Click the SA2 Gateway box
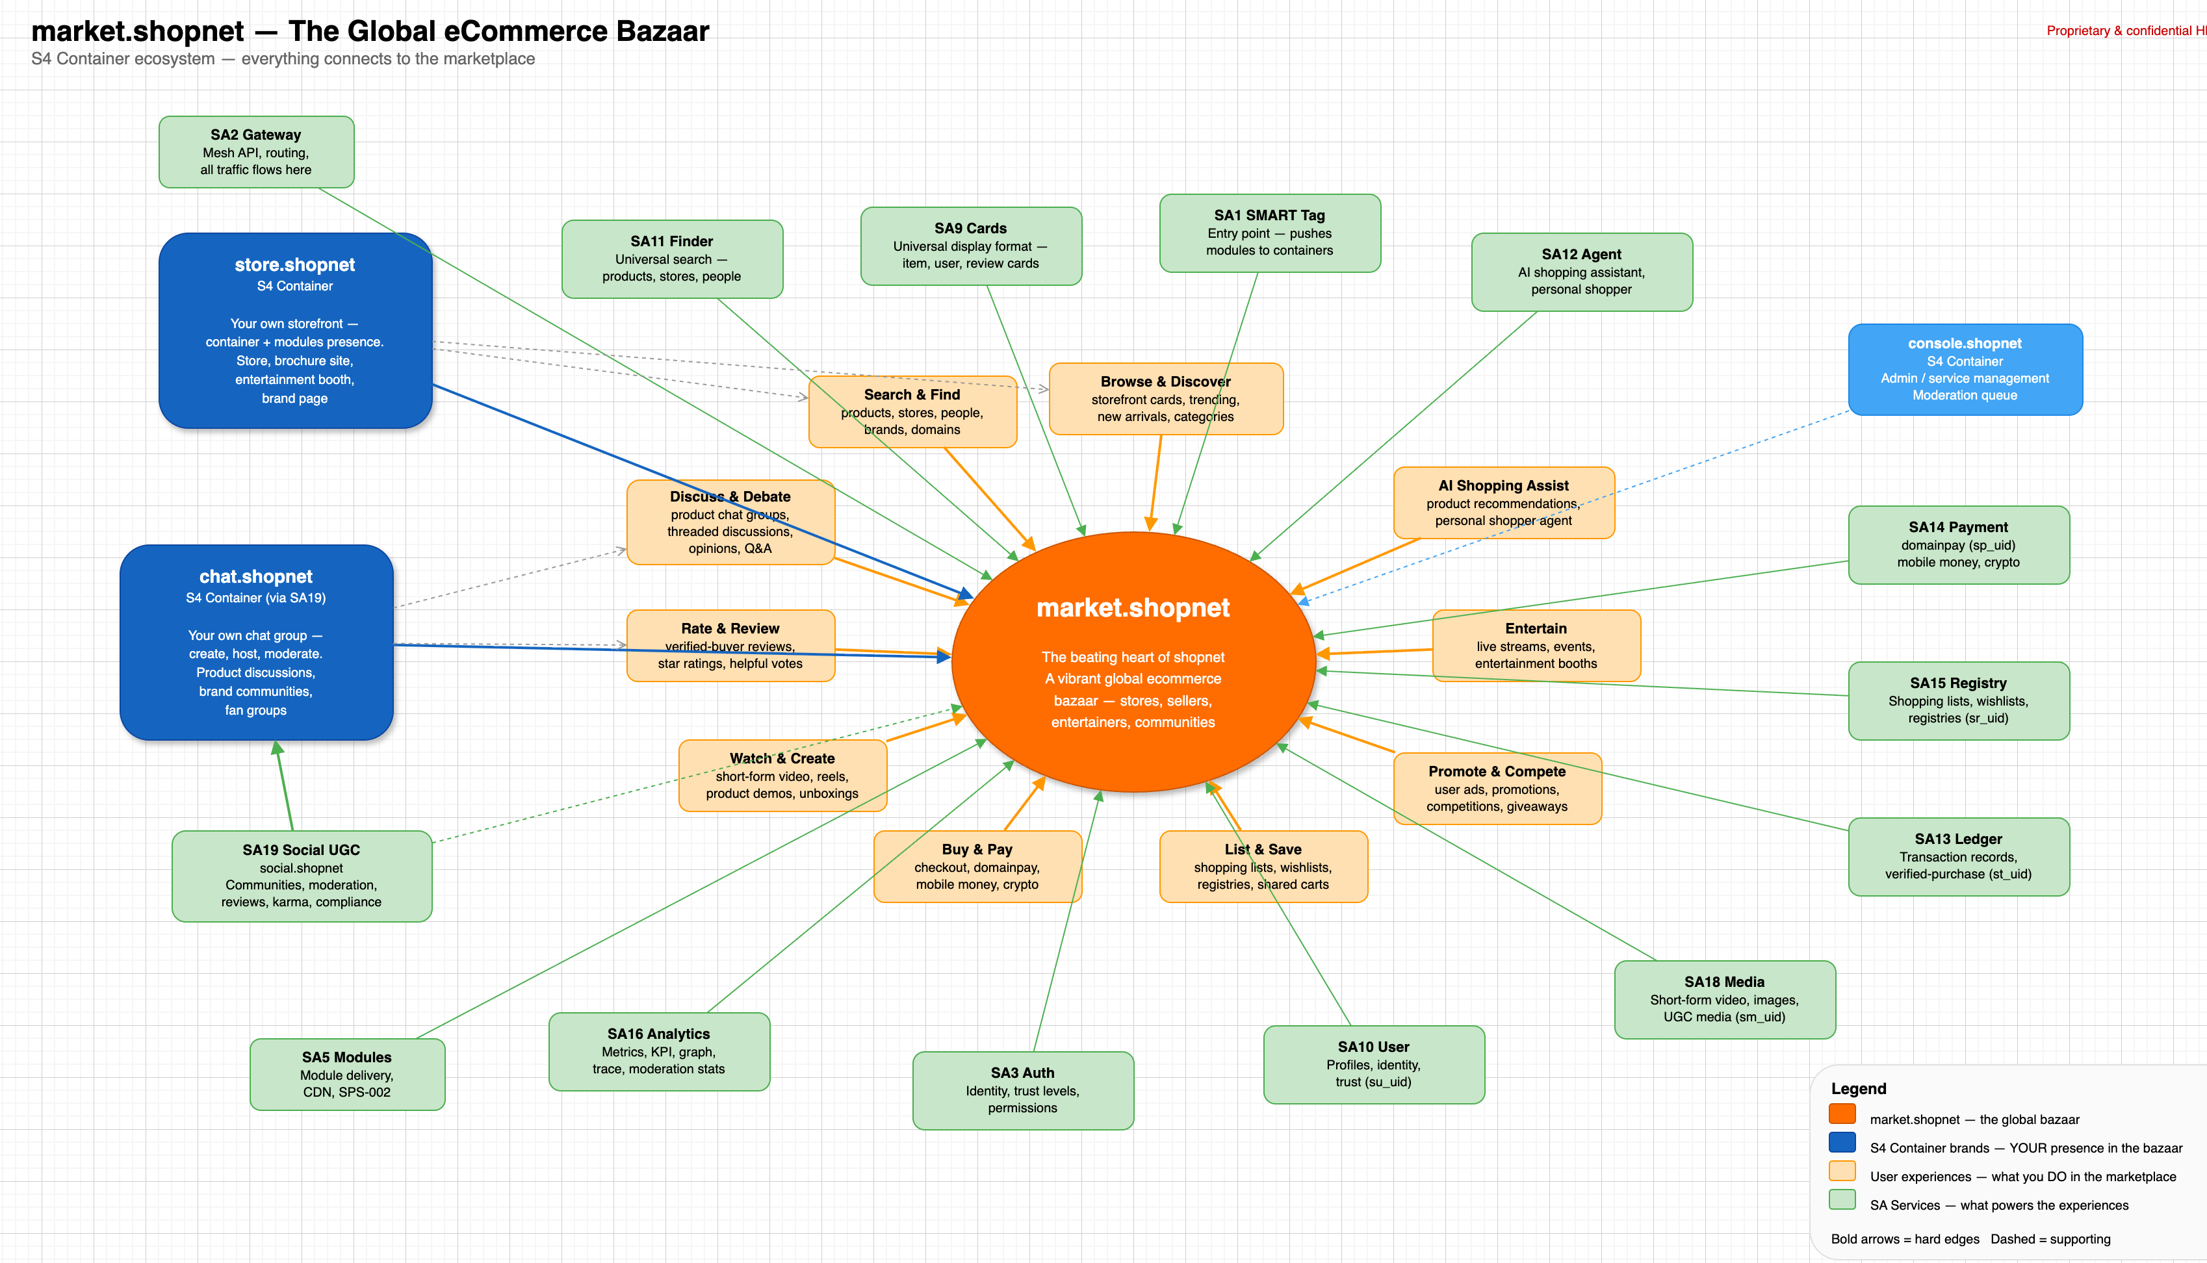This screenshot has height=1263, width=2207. (x=256, y=152)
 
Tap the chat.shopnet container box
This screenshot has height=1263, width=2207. (x=256, y=642)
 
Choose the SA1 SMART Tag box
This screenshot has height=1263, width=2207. (x=1269, y=233)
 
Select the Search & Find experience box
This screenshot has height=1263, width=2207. (x=912, y=411)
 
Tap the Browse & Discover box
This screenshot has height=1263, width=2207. (x=1165, y=398)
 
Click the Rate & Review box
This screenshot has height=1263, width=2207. (x=730, y=645)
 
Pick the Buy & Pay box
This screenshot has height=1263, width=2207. (x=977, y=865)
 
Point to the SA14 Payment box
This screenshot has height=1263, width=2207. (x=1958, y=544)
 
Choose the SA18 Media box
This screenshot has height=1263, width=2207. (x=1723, y=999)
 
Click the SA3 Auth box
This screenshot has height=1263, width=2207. (x=1022, y=1090)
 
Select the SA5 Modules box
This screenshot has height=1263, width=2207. (x=346, y=1074)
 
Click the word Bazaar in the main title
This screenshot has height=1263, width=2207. (x=663, y=31)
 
